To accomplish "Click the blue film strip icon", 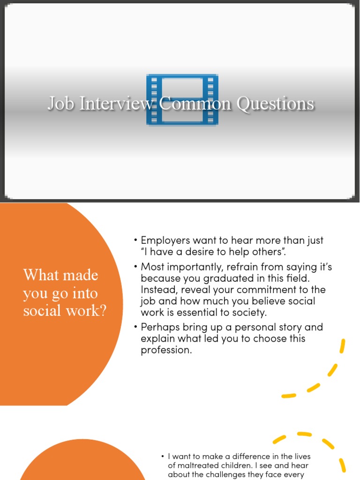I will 182,99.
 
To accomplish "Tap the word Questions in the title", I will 275,104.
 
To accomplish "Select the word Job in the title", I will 61,104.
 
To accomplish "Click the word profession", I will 166,350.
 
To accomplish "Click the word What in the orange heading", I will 37,275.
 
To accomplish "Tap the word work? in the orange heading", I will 87,310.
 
